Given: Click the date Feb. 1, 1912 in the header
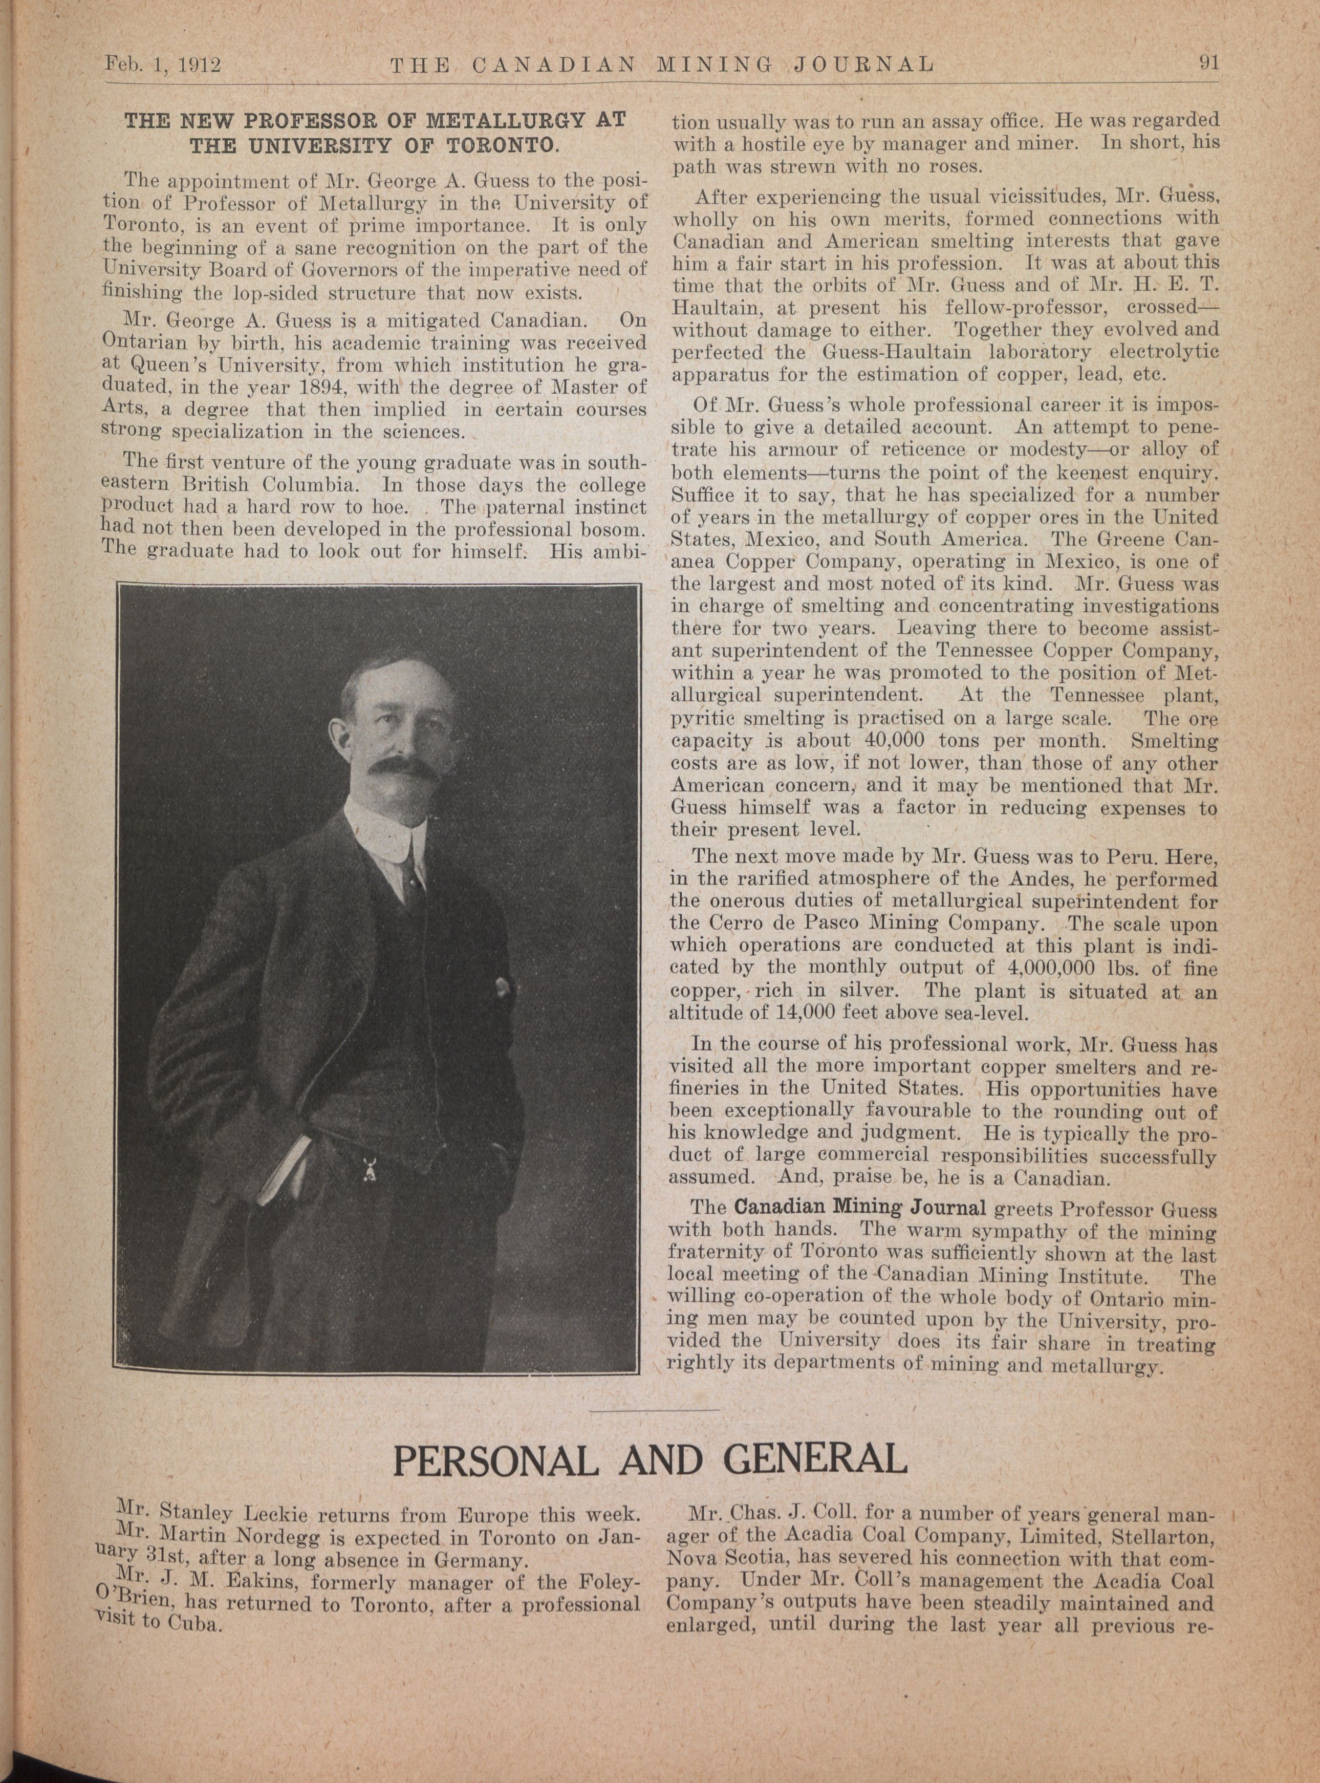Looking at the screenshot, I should (162, 63).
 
